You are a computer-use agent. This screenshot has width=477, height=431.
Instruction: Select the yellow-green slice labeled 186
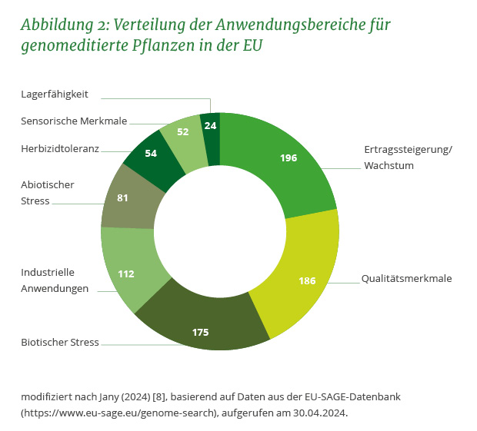306,280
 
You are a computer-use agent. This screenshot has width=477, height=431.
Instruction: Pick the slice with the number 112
127,272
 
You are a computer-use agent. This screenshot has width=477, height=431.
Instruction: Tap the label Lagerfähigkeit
54,94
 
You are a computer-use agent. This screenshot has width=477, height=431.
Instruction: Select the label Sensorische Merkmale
74,121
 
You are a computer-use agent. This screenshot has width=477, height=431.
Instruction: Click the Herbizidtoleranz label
60,148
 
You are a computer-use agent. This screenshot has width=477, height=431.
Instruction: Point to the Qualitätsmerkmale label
406,278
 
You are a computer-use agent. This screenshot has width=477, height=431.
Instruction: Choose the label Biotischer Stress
60,342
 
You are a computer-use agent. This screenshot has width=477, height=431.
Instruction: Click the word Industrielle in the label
47,272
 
